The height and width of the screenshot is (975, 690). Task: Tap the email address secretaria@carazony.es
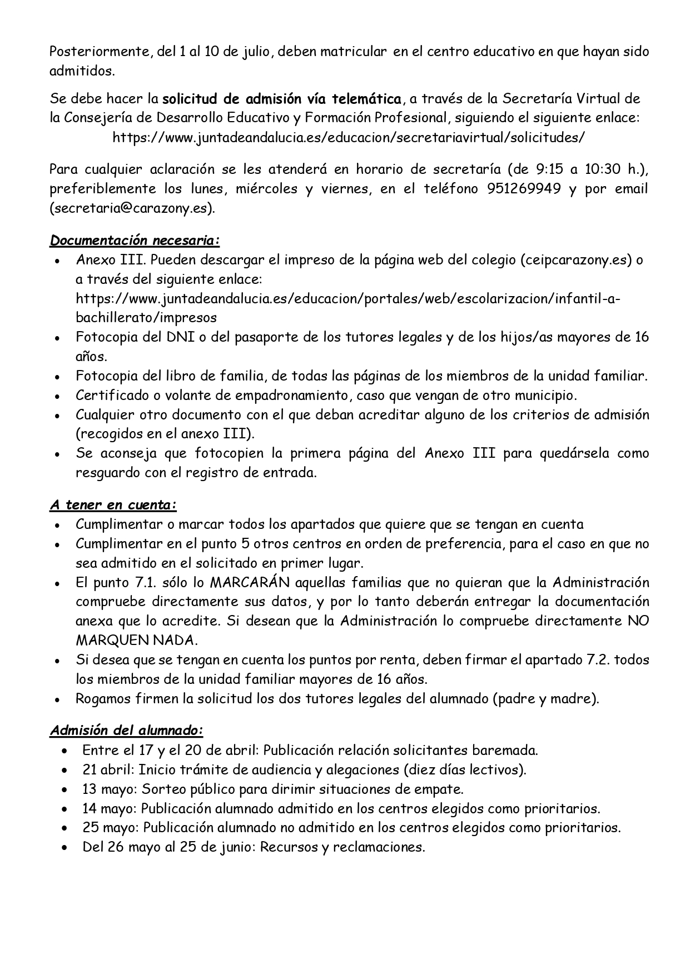click(x=132, y=208)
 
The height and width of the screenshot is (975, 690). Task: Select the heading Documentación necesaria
click(x=135, y=241)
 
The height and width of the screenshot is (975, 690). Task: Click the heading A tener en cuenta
click(x=113, y=505)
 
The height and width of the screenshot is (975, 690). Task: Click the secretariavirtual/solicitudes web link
click(x=348, y=138)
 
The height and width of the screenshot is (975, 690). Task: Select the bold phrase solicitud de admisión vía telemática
click(x=281, y=99)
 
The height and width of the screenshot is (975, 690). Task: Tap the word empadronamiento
click(x=285, y=396)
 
